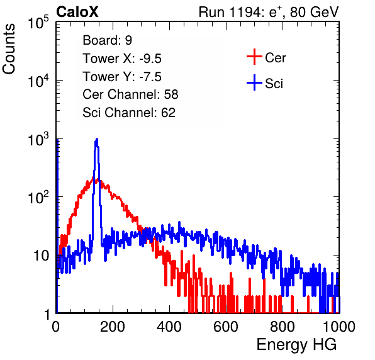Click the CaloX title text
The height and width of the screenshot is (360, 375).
pos(77,12)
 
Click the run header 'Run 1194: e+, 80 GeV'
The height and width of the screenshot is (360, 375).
pos(269,12)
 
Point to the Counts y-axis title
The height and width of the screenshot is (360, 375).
pos(9,49)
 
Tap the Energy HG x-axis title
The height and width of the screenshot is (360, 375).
pos(296,345)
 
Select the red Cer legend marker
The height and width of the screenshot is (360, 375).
pos(254,57)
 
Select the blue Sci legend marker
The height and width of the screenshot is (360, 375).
pos(254,82)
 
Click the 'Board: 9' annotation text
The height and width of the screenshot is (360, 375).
pos(108,40)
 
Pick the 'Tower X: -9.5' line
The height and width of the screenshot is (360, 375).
pos(122,59)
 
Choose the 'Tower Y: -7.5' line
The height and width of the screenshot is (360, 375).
pos(122,77)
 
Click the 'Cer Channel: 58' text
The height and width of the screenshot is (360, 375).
pos(130,94)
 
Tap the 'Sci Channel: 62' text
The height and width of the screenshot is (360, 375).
pos(129,113)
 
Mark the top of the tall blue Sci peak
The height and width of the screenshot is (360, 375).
pos(97,138)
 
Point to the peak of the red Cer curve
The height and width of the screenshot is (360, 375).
pos(94,177)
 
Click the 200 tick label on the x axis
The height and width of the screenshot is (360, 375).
pos(113,326)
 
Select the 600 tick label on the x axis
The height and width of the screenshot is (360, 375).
pos(226,326)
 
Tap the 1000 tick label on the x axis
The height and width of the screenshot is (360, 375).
pos(339,326)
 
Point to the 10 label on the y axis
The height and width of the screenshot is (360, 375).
pos(41,256)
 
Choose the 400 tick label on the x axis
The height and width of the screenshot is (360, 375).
pos(169,326)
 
